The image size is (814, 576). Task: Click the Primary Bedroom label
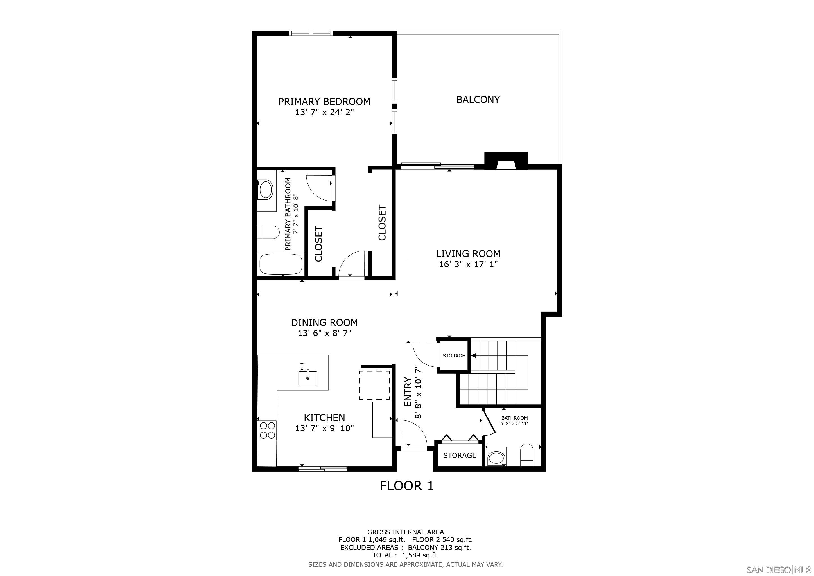pos(324,102)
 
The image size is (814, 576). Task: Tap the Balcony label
pos(478,100)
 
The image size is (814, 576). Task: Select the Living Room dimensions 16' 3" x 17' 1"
pos(468,264)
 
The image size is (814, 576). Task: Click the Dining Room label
pos(324,323)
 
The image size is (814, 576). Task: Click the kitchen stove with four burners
pos(267,430)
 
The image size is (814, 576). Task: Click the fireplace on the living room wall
pos(506,161)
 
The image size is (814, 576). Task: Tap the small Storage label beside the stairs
pos(453,356)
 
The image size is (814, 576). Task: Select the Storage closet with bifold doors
pos(460,455)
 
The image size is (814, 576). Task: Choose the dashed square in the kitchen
pos(374,385)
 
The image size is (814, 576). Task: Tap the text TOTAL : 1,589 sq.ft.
pos(405,555)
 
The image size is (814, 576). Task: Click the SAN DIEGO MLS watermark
pos(779,570)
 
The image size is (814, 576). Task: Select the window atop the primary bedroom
pos(311,33)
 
